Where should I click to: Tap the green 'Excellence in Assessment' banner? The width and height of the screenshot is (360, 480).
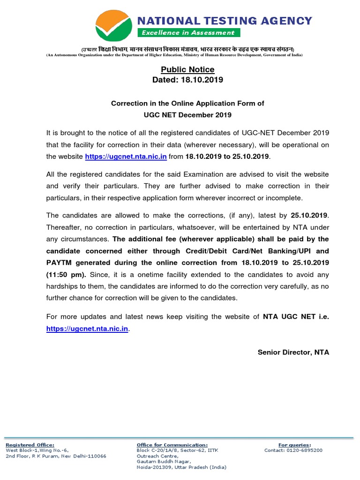point(188,32)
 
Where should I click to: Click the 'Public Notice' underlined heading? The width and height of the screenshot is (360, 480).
point(187,70)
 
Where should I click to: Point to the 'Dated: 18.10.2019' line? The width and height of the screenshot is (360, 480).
point(187,80)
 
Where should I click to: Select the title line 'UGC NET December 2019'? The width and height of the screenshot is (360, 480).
point(187,114)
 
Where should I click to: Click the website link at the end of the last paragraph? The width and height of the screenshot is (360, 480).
point(87,329)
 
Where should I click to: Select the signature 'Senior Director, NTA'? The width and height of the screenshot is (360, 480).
point(293,352)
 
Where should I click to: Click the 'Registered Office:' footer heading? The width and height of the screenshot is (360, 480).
point(30,445)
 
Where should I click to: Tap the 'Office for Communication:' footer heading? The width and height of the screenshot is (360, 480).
point(172,445)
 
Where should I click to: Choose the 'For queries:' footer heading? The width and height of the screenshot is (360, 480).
point(294,445)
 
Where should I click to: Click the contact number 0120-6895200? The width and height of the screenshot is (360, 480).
point(307,450)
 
